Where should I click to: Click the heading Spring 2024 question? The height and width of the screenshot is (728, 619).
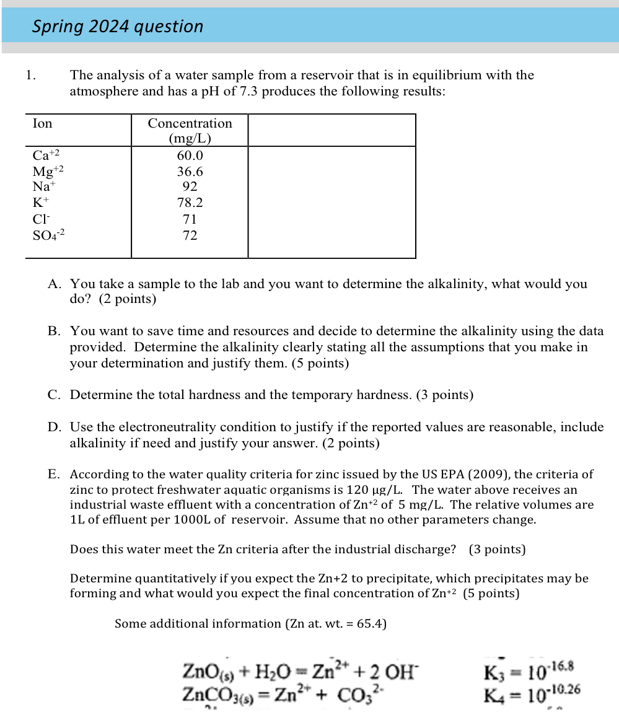click(118, 27)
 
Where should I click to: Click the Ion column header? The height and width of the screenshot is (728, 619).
click(43, 123)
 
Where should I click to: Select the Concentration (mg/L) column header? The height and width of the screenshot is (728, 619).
click(190, 130)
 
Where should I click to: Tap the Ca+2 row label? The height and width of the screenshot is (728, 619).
click(46, 156)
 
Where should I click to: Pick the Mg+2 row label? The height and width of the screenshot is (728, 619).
click(48, 172)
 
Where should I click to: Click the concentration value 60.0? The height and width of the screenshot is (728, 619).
click(190, 156)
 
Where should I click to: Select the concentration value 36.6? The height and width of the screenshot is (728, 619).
click(190, 172)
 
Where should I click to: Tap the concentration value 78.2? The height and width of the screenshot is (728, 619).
click(190, 203)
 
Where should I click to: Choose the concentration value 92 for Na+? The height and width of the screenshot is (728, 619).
click(190, 186)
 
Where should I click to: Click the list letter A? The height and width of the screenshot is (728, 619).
click(54, 284)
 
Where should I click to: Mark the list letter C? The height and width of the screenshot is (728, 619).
click(54, 395)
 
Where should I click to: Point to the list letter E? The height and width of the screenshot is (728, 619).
click(54, 475)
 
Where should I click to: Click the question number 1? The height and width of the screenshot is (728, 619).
click(30, 76)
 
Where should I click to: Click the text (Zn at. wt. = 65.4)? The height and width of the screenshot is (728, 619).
click(335, 624)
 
